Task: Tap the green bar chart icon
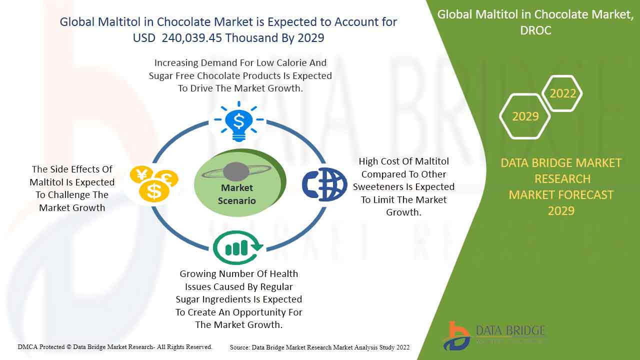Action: pos(237,247)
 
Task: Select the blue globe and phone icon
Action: pos(324,184)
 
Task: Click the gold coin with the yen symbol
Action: pos(141,174)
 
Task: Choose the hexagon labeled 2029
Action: pos(525,116)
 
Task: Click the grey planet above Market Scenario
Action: pos(236,171)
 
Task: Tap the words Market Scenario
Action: pos(237,194)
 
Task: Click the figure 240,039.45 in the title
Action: pos(191,38)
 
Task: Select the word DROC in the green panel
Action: pos(535,30)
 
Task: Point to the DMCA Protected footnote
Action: pos(115,347)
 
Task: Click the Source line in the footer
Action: pos(319,347)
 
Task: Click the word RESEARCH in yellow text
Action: pos(562,179)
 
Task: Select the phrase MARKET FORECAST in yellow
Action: pos(561,195)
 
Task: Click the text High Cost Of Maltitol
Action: pos(403,161)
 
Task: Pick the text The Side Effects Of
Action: pos(72,169)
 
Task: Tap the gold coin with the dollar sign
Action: pos(154,191)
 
